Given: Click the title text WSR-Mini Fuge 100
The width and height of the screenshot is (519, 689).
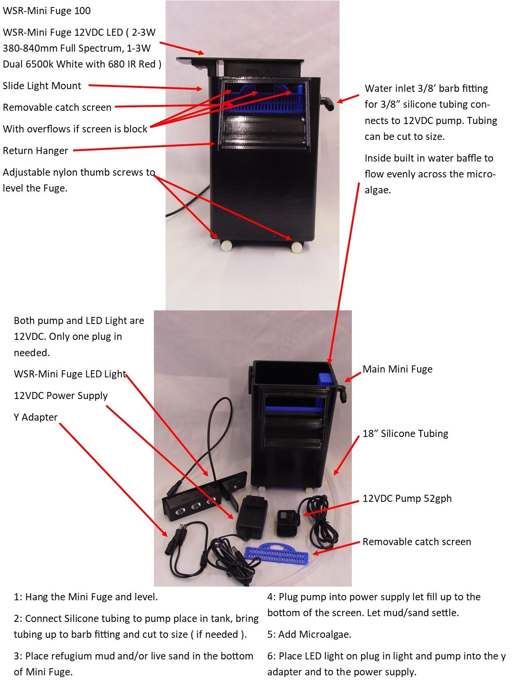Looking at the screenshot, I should [47, 11].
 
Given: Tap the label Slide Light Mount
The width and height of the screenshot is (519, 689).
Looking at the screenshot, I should [42, 86].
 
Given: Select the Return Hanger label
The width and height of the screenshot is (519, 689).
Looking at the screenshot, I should [35, 151].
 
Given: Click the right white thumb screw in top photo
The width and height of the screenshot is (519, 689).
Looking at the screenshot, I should [297, 247].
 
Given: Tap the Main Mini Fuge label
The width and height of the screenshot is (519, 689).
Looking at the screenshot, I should [397, 369].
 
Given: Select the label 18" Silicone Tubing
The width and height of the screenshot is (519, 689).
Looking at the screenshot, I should [405, 433].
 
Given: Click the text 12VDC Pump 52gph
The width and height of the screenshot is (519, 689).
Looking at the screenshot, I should [407, 498].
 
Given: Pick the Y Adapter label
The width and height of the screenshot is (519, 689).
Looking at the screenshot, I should [36, 417].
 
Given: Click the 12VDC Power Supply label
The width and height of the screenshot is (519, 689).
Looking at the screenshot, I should [61, 395].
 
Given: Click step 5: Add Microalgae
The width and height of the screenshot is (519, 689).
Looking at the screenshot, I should [309, 634].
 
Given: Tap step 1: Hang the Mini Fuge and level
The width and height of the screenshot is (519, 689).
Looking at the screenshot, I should [86, 597].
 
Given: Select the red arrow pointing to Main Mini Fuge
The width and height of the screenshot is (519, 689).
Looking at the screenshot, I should [353, 376].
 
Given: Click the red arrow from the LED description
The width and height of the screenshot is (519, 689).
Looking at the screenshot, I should [181, 49].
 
